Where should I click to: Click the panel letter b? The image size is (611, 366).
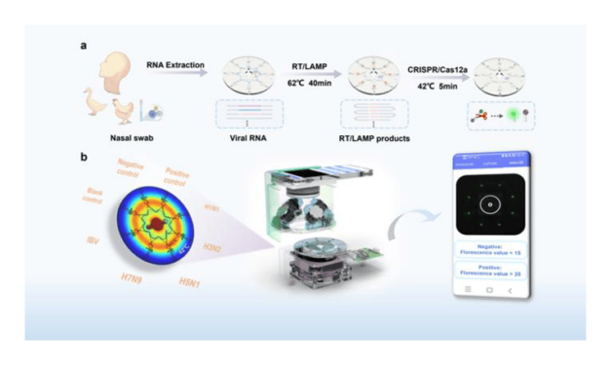pyautogui.click(x=84, y=153)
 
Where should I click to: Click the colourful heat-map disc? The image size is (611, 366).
pyautogui.click(x=152, y=229)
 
